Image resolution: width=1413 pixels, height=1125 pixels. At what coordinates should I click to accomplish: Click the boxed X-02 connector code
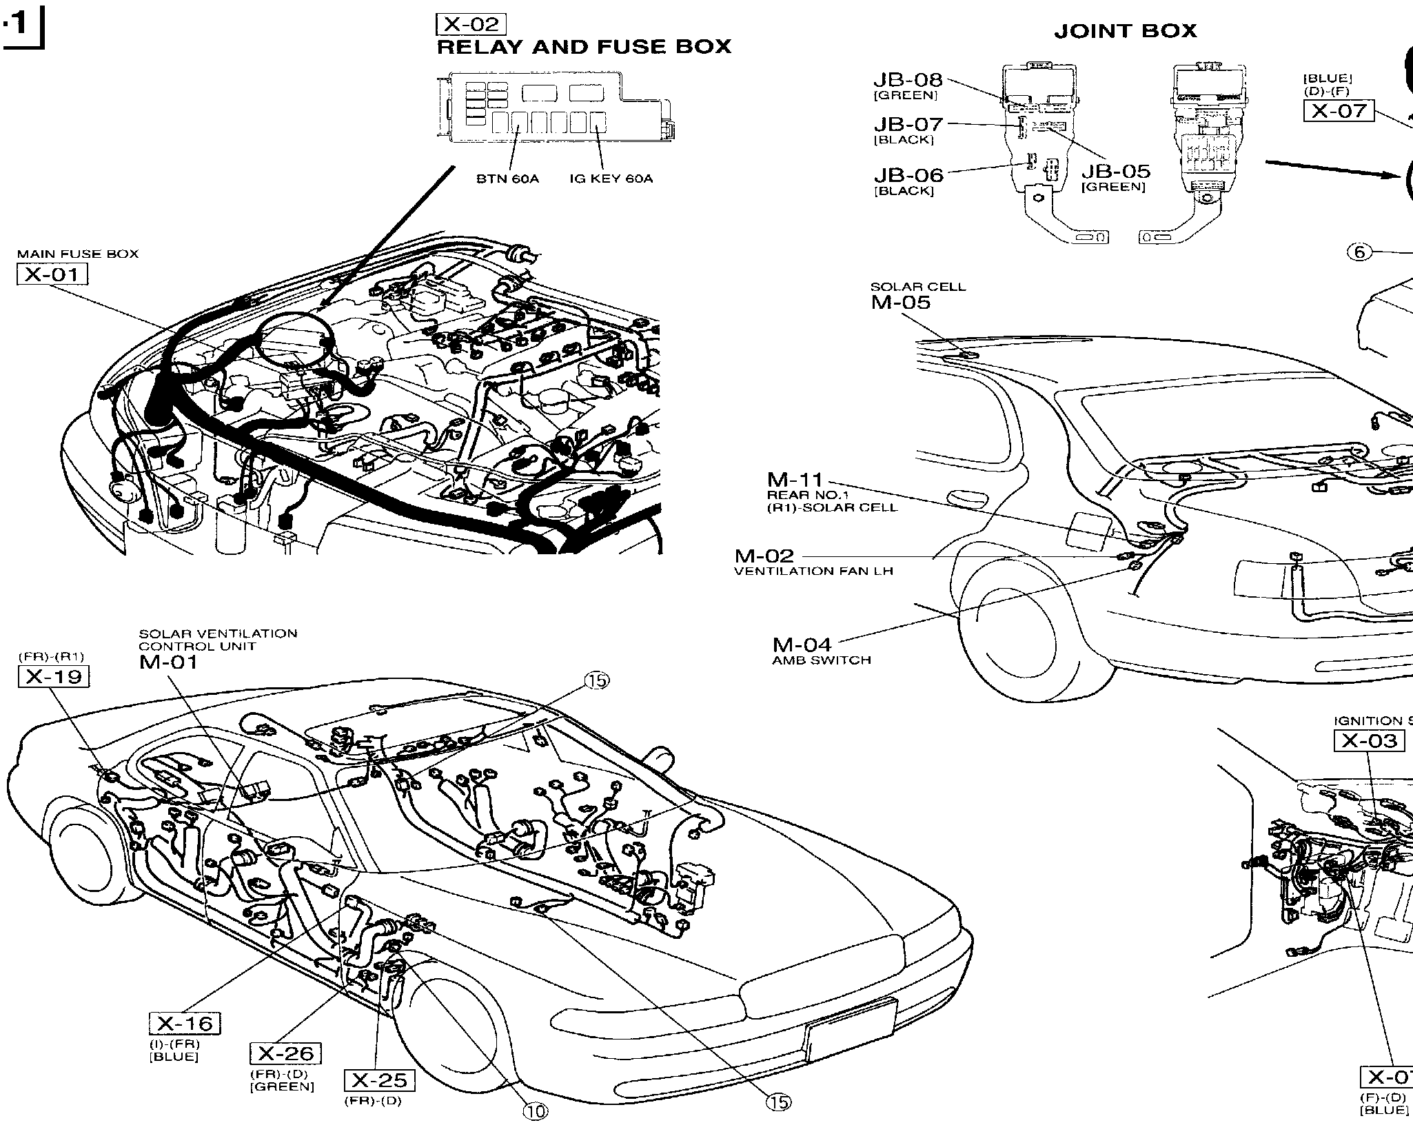pos(471,25)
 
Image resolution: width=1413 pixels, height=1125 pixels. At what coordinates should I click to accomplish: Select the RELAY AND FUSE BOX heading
pos(584,47)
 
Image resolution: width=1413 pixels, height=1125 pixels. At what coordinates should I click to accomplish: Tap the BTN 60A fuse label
pos(507,179)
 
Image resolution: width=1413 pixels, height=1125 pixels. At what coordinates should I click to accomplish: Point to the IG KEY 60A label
pos(611,179)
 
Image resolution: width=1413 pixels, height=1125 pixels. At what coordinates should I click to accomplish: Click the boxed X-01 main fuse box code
pos(52,274)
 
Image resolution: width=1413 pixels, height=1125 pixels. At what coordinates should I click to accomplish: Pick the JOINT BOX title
pos(1125,31)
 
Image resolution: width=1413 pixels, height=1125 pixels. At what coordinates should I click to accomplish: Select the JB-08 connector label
pos(908,80)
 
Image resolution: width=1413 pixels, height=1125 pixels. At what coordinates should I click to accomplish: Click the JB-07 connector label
pos(908,125)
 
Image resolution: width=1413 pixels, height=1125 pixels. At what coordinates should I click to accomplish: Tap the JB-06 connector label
pos(908,175)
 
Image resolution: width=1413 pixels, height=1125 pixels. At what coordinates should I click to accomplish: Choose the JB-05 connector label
pos(1115,171)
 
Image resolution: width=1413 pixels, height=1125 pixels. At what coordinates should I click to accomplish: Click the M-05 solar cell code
pos(900,303)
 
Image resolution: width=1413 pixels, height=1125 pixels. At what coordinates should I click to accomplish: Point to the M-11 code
pos(796,479)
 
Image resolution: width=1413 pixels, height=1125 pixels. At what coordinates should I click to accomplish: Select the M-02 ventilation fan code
pos(764,556)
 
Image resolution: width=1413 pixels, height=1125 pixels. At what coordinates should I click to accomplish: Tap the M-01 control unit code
pos(168,662)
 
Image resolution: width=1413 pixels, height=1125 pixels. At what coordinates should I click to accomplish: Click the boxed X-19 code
pos(54,677)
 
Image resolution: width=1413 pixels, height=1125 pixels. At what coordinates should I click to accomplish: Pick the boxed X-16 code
pos(185,1023)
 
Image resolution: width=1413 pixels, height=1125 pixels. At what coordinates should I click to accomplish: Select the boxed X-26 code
pos(285,1053)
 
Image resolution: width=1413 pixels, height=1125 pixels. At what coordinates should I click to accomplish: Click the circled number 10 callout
pos(536,1111)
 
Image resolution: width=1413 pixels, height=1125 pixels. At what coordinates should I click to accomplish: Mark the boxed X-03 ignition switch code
pos(1369,741)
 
